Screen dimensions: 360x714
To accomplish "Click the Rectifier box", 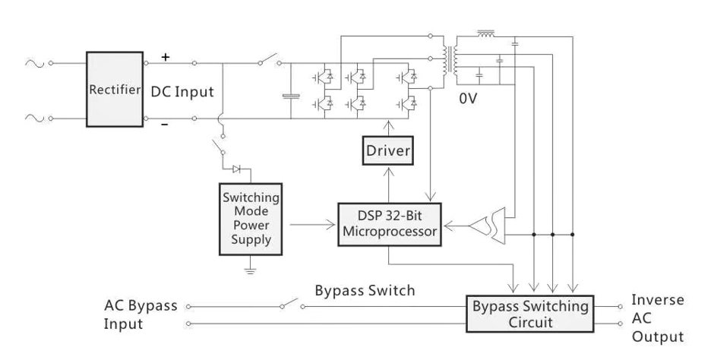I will pos(115,90).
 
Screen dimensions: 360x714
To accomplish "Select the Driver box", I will pos(388,151).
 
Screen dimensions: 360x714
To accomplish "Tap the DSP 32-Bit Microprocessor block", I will pos(389,224).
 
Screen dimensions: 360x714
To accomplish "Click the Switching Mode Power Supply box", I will pos(251,219).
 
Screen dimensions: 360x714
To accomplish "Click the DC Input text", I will pos(182,91).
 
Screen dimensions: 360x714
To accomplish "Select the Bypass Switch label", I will pos(365,290).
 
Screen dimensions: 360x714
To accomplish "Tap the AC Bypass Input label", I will pos(141,314).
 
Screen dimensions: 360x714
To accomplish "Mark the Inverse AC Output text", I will pos(657,318).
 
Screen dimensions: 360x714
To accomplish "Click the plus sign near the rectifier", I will pos(166,57).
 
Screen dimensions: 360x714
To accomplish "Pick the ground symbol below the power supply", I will pos(251,269).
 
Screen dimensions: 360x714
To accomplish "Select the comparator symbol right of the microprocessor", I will pos(485,225).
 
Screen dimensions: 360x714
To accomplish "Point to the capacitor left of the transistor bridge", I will pos(290,96).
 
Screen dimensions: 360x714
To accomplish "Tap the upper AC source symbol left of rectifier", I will pos(36,64).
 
